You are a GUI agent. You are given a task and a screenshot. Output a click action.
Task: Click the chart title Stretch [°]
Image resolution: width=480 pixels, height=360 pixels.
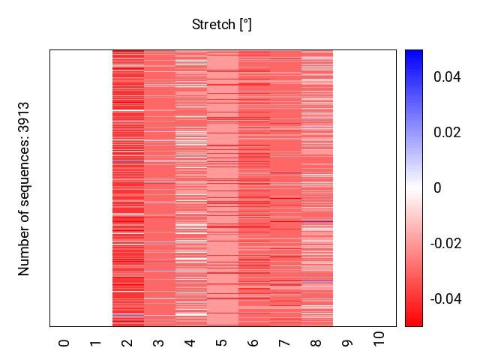pos(222,25)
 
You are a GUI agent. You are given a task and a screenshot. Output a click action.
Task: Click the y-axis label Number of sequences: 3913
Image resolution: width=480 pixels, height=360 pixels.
pos(25,188)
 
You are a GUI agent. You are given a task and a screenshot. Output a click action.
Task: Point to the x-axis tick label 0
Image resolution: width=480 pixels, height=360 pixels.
pos(64,343)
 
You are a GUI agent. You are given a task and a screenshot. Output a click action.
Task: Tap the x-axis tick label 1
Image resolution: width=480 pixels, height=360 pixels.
pos(96,343)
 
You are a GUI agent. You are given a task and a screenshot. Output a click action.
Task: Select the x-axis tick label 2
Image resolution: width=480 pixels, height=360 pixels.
pos(127,343)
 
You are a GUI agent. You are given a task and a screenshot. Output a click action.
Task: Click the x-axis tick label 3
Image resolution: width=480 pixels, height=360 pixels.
pos(159,343)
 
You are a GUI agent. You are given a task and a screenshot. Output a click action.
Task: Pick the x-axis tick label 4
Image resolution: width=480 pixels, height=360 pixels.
pos(190,343)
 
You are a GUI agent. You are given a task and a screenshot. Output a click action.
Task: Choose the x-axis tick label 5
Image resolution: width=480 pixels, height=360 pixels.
pos(222,343)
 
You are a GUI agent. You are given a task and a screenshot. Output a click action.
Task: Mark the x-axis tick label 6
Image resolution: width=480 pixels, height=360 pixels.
pos(253,343)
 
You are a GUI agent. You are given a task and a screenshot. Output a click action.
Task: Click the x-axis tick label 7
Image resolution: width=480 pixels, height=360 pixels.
pos(285,343)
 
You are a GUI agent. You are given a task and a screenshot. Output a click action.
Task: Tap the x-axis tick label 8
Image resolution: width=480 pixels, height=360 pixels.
pos(316,343)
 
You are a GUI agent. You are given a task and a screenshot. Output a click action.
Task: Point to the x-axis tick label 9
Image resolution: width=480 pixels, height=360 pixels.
pos(348,343)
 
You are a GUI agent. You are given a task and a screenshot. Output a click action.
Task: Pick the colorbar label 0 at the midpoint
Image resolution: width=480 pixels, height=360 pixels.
pos(437,188)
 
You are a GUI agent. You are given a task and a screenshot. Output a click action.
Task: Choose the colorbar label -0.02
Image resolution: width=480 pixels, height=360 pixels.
pos(445,244)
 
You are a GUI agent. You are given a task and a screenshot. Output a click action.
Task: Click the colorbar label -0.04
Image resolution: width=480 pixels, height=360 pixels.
pos(445,299)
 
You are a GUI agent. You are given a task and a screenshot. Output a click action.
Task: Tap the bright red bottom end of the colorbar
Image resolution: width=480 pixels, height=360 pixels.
pos(414,322)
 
